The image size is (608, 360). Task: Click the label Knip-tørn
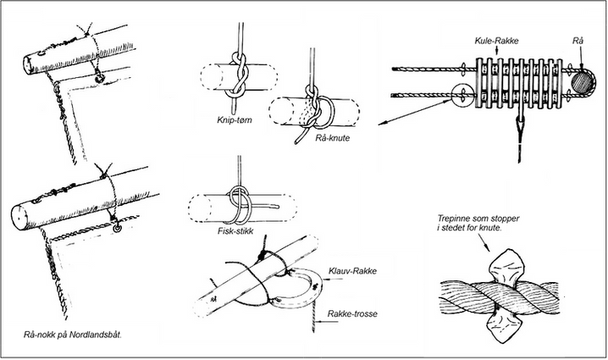[235, 120]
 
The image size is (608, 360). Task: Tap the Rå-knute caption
[332, 138]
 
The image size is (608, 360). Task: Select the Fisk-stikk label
[235, 231]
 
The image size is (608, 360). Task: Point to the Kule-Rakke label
[497, 41]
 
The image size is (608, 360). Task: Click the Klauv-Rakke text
[352, 271]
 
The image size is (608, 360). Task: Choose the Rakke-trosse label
[352, 313]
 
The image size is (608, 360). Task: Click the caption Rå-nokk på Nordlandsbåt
[73, 335]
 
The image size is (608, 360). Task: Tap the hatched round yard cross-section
[582, 82]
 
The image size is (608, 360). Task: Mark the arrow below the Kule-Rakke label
[497, 51]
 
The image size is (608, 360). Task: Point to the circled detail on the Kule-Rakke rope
[463, 96]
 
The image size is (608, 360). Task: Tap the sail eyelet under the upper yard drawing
[101, 78]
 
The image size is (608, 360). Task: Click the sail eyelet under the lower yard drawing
[117, 229]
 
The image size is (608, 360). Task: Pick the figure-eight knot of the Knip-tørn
[237, 78]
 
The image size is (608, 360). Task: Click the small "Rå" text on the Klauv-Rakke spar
[213, 300]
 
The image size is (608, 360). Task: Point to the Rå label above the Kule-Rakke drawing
[578, 42]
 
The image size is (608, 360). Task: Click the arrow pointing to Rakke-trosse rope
[323, 321]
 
